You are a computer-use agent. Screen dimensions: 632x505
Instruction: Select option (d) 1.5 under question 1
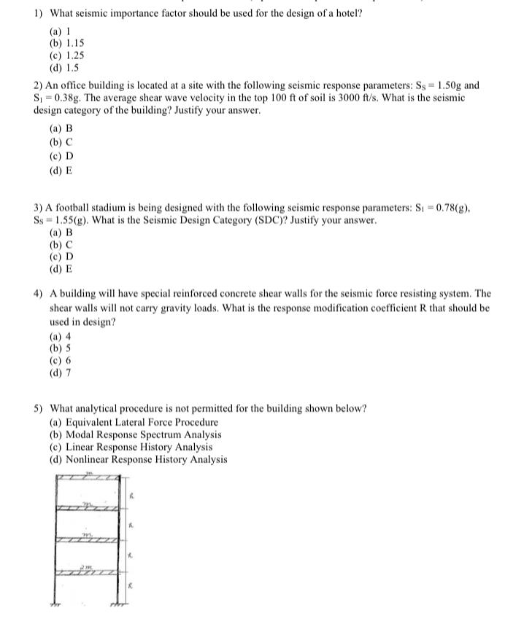pyautogui.click(x=63, y=67)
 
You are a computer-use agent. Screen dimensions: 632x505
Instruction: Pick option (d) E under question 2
pyautogui.click(x=61, y=171)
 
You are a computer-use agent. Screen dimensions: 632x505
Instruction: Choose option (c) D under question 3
pyautogui.click(x=61, y=257)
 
